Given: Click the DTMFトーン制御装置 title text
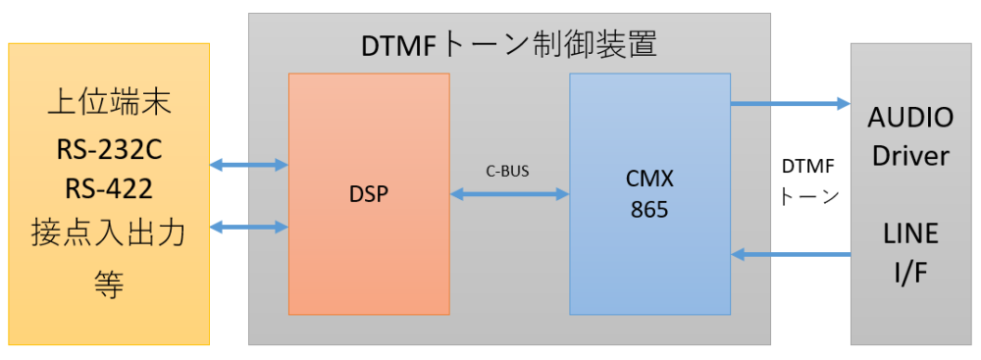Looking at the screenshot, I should (509, 44).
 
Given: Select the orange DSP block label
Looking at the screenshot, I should (368, 194).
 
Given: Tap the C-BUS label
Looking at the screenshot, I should (508, 171).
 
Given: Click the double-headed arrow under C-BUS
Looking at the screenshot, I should (509, 195).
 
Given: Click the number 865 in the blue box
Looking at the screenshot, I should (649, 209).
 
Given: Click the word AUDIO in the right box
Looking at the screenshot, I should (910, 118).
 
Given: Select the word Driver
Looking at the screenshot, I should (910, 157).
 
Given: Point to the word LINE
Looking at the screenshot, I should (910, 233).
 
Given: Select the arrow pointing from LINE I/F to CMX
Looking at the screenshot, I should (790, 255).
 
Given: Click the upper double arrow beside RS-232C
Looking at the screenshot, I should (249, 165).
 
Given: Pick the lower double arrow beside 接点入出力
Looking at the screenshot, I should (249, 229).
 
